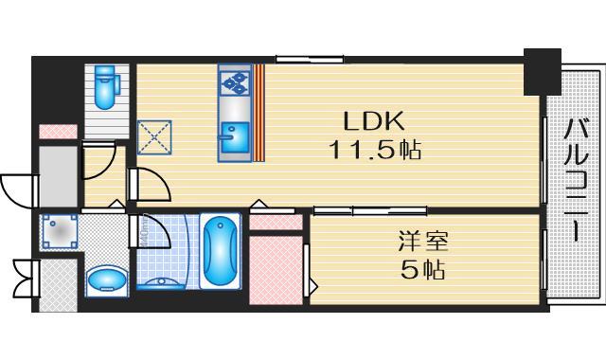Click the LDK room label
tap(373, 121)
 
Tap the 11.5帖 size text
tap(374, 150)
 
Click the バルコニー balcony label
tap(577, 180)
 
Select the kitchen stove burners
tap(234, 82)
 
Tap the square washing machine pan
tap(59, 231)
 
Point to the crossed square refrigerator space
tap(153, 136)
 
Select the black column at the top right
tap(543, 69)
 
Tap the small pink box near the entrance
tap(57, 132)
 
